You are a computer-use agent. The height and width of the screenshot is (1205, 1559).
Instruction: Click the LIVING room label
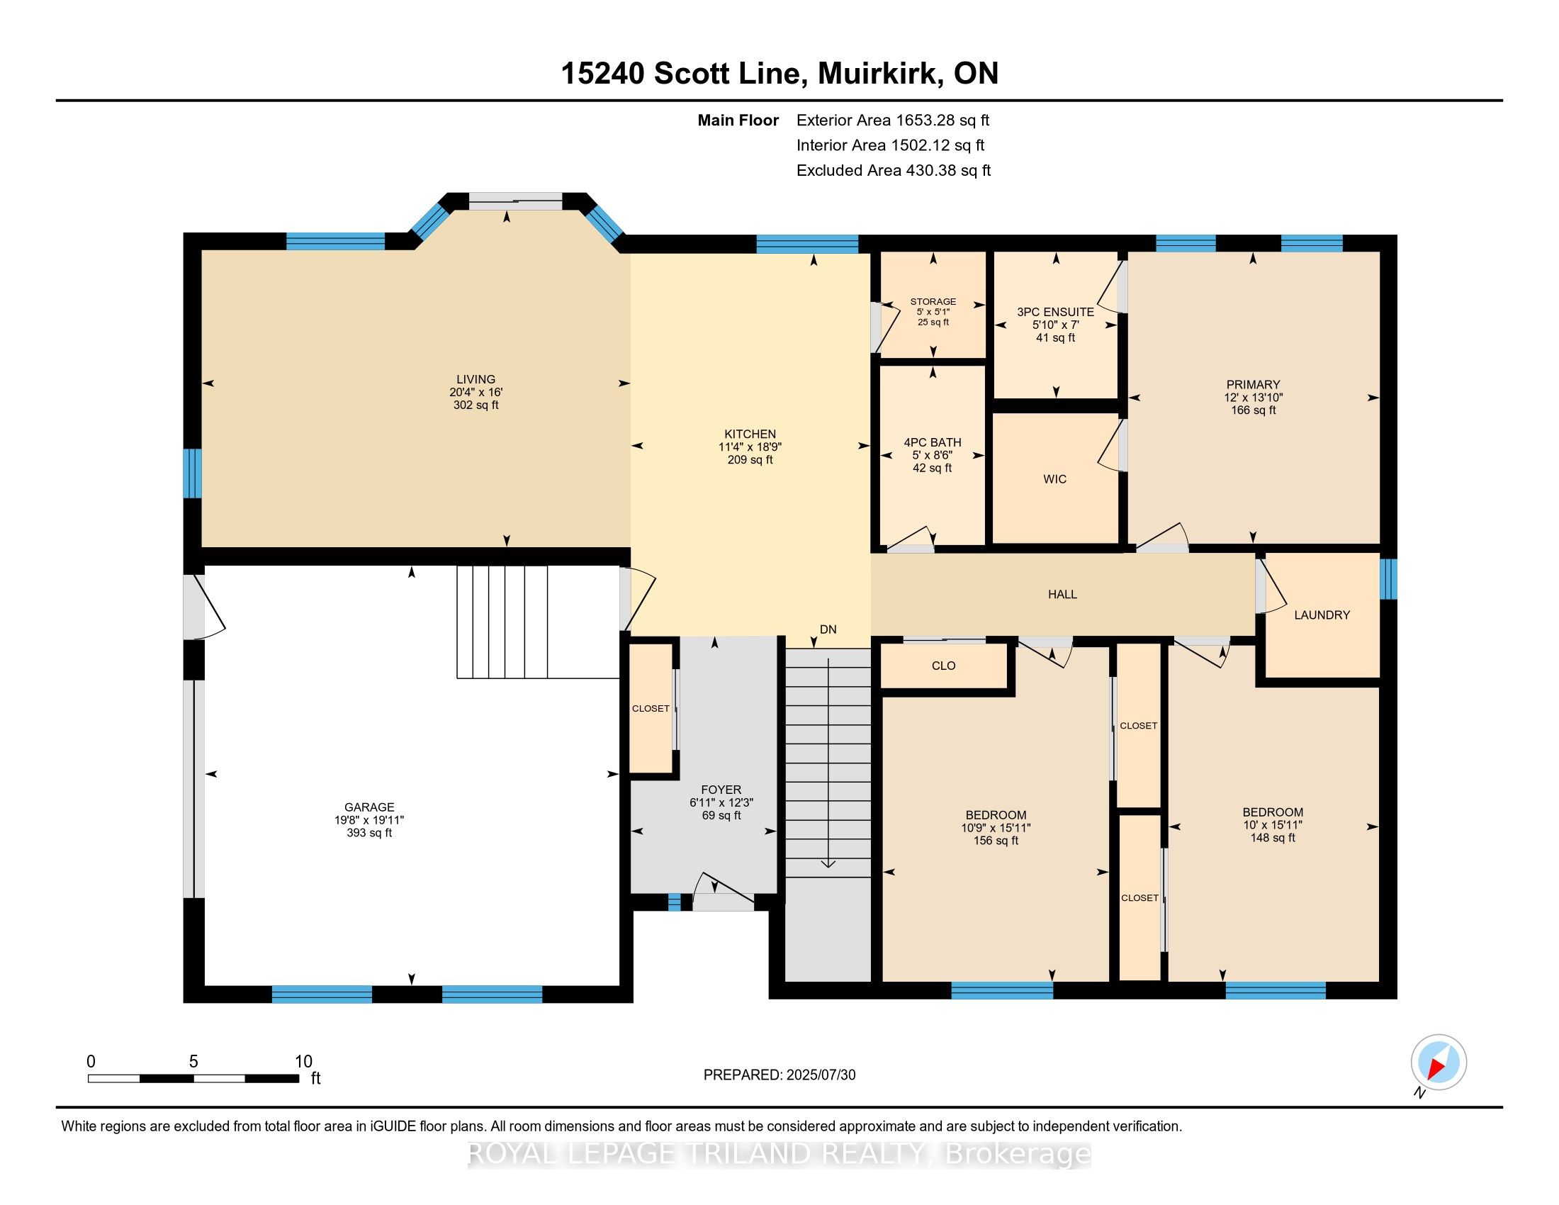coord(475,379)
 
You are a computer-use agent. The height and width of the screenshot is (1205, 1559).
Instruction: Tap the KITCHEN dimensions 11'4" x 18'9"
coord(750,447)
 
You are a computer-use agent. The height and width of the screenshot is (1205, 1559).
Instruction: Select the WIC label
coord(1054,479)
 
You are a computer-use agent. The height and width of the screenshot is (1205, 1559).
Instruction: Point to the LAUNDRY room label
coord(1322,615)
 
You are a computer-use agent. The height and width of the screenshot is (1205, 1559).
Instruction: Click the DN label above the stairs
coord(827,629)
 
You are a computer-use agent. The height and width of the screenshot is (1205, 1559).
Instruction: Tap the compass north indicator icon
coord(1439,1063)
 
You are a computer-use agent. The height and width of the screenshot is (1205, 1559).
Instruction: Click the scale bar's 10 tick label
coord(303,1061)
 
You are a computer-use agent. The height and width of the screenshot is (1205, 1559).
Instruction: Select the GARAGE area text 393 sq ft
coord(369,832)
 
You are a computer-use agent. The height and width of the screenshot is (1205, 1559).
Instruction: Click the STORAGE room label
coord(933,301)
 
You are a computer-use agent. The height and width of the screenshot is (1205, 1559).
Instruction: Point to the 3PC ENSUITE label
coord(1055,312)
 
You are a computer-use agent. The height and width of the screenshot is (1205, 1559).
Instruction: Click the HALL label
coord(1062,594)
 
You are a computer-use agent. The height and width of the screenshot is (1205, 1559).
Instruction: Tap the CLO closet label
coord(943,666)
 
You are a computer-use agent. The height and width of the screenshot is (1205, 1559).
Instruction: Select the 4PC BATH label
coord(933,442)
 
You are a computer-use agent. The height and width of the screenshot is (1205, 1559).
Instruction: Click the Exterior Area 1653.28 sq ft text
coord(892,120)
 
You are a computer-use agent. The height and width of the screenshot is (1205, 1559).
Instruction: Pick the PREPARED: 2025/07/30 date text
coord(779,1075)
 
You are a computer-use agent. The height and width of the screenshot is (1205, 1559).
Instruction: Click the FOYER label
coord(721,790)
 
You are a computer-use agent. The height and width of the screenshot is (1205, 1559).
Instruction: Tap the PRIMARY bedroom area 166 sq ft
coord(1253,410)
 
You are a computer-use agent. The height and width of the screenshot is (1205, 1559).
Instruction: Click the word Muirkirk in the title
coord(877,74)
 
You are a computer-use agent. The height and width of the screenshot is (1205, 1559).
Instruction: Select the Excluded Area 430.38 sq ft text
coord(893,170)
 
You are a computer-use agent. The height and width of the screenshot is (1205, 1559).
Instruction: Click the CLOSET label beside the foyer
coord(651,708)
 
